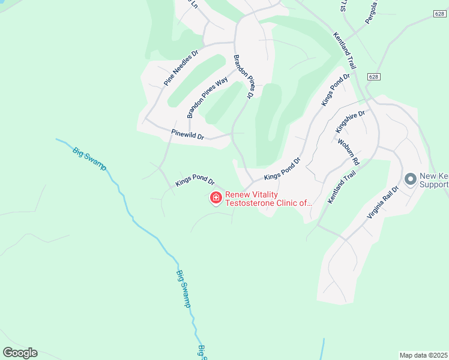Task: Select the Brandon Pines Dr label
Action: [x=243, y=77]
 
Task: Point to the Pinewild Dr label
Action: [x=187, y=135]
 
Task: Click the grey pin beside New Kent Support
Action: [x=411, y=179]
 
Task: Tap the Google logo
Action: [x=20, y=353]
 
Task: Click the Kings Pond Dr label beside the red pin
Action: [x=195, y=180]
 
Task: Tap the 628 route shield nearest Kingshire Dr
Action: [x=374, y=77]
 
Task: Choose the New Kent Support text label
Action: [x=434, y=180]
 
